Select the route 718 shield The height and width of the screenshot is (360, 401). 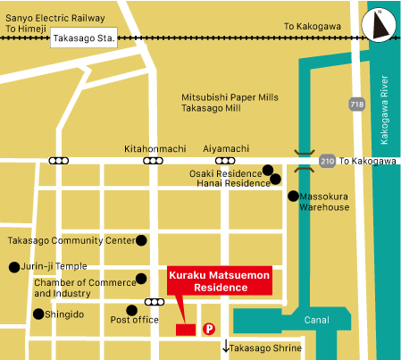356,105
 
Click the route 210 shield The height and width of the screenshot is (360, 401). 327,161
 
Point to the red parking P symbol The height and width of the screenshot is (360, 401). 210,329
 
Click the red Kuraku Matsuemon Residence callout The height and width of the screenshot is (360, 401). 219,283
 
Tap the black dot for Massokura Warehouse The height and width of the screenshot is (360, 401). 293,196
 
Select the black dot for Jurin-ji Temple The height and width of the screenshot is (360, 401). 13,266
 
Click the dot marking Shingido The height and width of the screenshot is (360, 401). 38,314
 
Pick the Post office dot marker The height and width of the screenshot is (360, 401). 132,310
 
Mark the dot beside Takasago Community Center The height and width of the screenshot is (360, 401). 141,240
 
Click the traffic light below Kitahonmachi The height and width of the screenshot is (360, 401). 154,161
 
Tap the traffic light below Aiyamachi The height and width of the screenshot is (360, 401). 214,161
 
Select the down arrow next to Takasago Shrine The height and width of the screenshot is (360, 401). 226,347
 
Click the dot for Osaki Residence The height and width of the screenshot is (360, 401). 267,170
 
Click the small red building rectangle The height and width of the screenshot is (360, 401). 185,330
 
